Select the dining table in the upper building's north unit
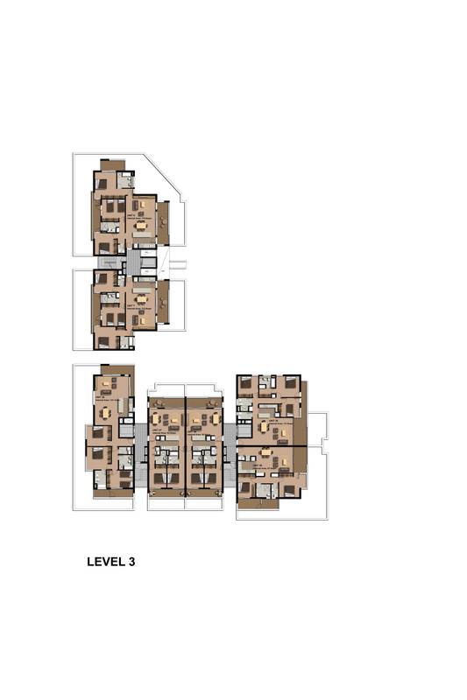click(x=141, y=225)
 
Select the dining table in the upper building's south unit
click(x=141, y=298)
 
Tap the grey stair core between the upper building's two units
click(x=133, y=262)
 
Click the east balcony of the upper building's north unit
click(x=163, y=222)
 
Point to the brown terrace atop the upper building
click(x=112, y=164)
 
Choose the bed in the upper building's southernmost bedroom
click(x=103, y=341)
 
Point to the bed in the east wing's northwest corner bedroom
click(x=246, y=383)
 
